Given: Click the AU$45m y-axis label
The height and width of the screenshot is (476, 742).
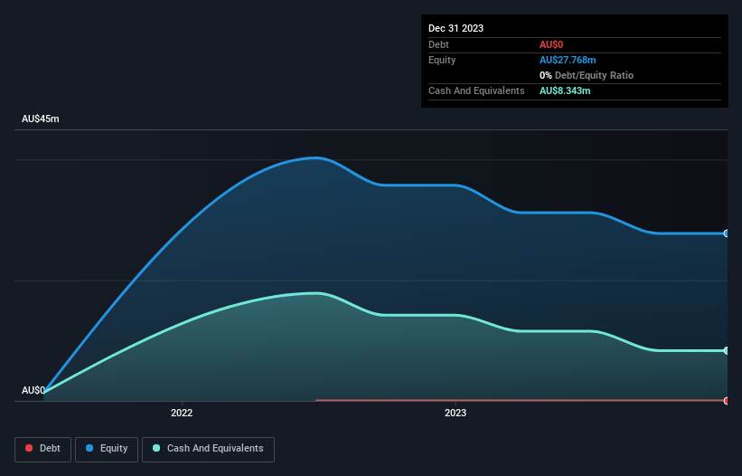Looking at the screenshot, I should [40, 119].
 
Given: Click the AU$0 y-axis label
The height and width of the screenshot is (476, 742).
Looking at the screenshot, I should [33, 390].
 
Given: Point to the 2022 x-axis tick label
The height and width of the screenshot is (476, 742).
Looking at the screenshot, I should [182, 413].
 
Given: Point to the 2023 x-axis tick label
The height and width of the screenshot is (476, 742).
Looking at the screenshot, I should [456, 413].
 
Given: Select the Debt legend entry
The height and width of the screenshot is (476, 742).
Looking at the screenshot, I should [43, 448].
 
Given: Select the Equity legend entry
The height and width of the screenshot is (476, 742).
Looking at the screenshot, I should [107, 448].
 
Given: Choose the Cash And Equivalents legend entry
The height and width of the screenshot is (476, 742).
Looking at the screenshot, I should [208, 448].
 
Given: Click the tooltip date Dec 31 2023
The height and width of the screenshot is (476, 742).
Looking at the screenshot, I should [456, 28].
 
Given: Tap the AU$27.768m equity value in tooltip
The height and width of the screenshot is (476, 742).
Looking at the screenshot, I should [568, 60].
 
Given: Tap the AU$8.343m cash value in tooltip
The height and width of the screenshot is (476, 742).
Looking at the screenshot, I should [565, 90].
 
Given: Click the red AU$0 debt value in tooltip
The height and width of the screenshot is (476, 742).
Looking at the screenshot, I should [552, 44].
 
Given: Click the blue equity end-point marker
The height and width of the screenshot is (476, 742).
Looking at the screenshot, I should [726, 233].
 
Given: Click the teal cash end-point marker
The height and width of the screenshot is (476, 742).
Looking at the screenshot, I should [726, 350].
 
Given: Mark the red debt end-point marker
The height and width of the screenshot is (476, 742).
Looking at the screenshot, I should [726, 400].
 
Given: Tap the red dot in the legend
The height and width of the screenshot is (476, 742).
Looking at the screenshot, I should [30, 449].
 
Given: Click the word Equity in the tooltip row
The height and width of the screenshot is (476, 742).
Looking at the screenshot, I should [443, 60].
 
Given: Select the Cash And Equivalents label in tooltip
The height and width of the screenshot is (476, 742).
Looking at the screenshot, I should [476, 90].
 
